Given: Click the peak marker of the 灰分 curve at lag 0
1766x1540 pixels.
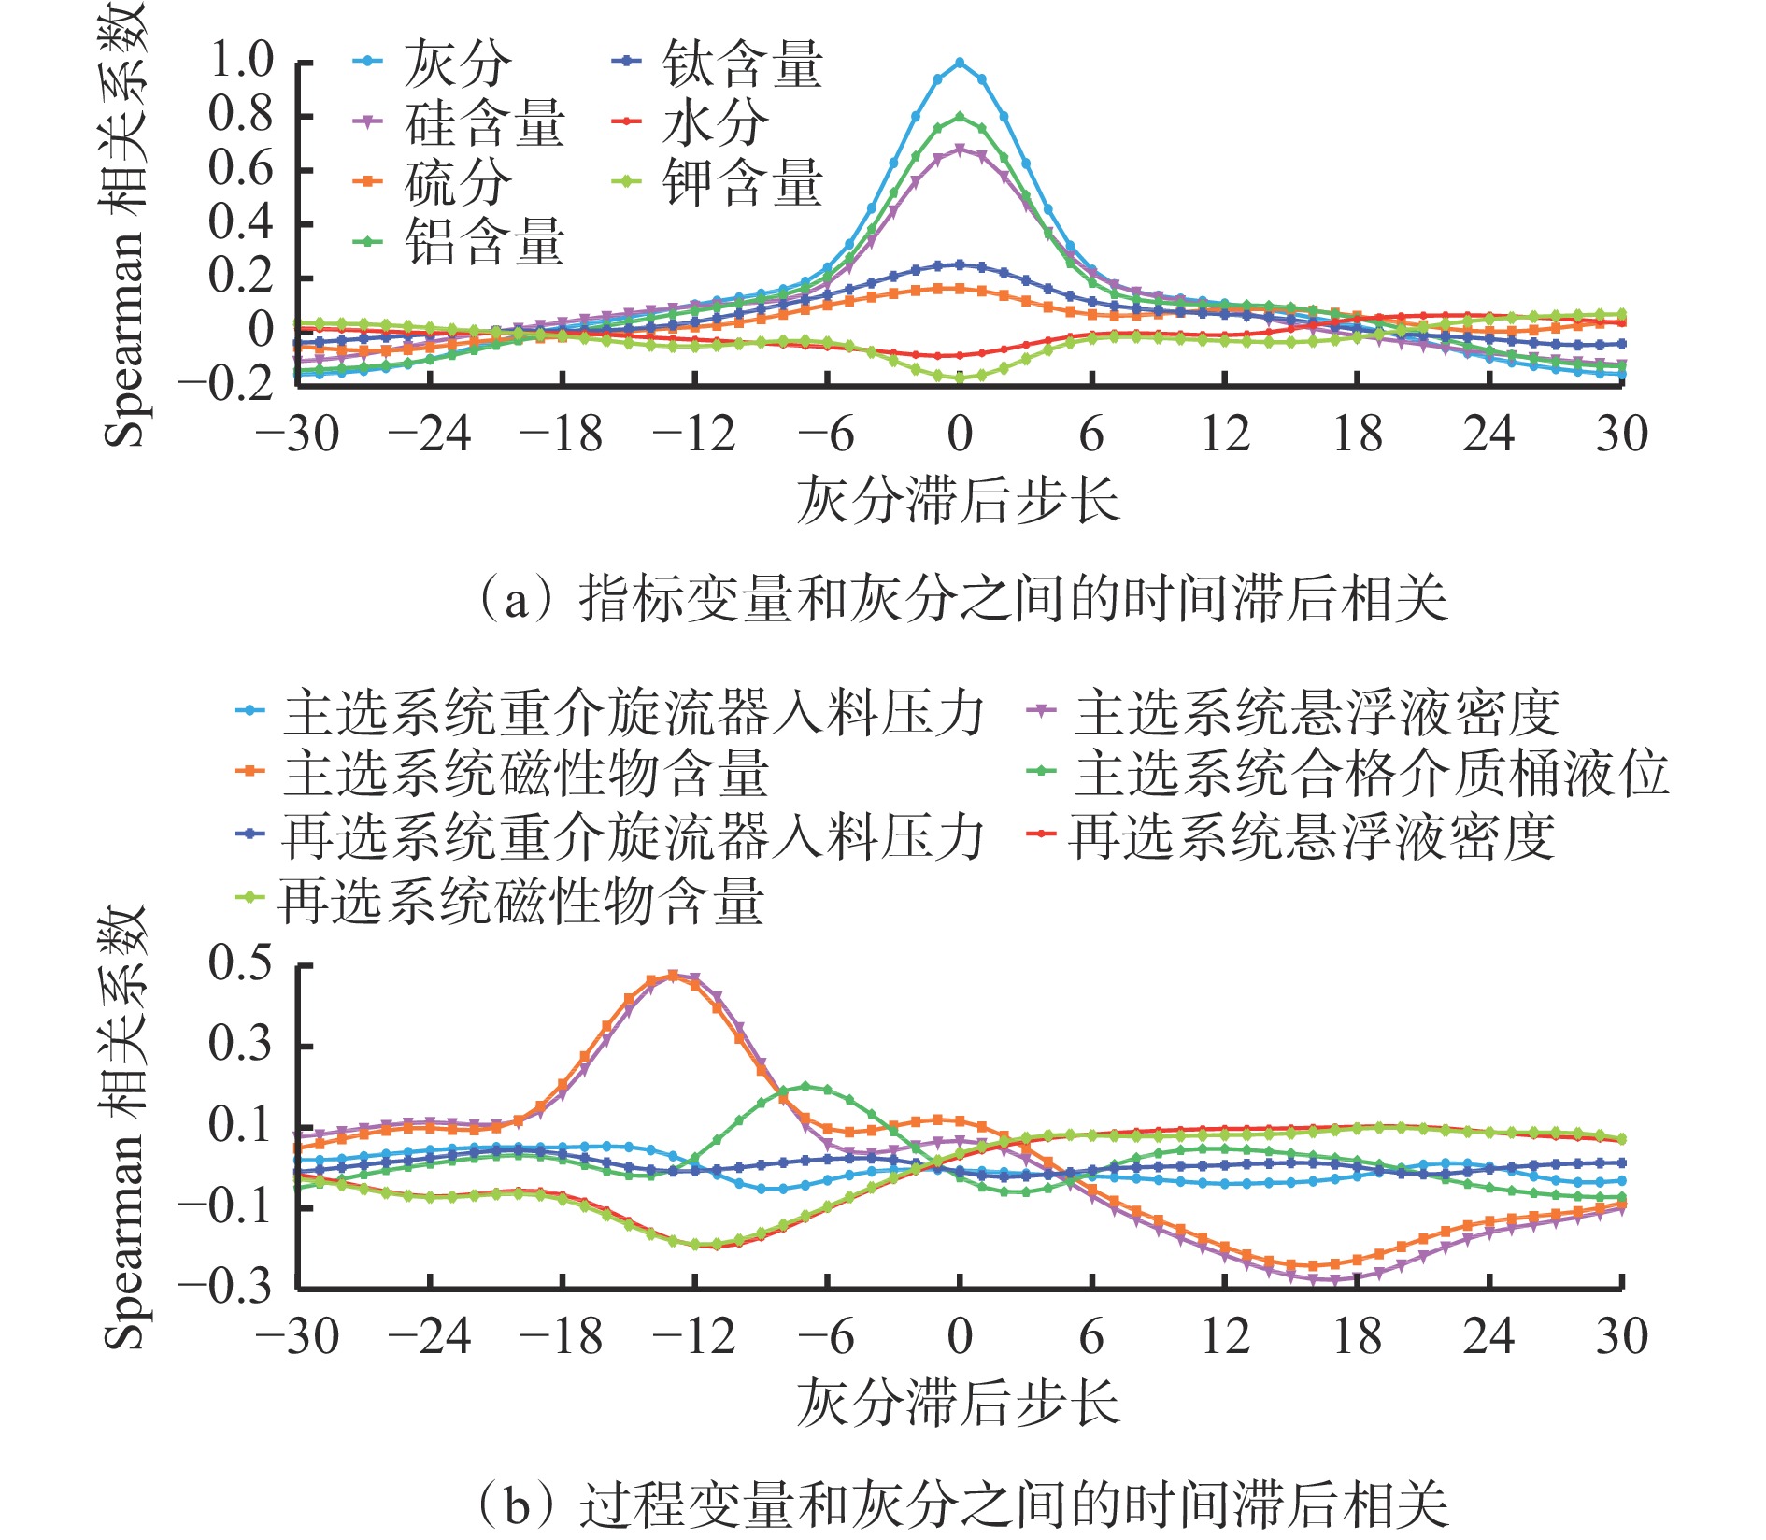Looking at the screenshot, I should (x=960, y=63).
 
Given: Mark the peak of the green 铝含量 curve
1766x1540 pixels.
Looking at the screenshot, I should (x=960, y=117).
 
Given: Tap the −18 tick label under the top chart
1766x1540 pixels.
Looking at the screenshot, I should (x=562, y=435).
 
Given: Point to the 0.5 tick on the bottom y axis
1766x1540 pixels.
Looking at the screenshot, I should (x=240, y=963).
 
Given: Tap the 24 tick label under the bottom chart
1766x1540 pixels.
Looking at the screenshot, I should (x=1489, y=1337).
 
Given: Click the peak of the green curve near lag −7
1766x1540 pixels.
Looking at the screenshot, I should (x=805, y=1087).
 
